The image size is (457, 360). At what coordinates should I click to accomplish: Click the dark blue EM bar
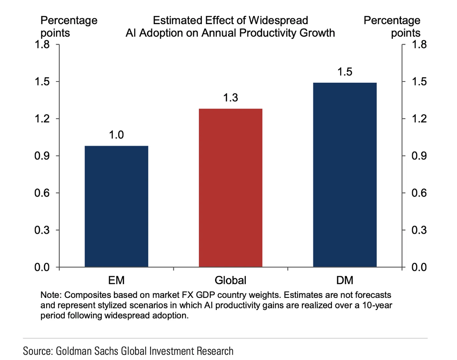point(116,207)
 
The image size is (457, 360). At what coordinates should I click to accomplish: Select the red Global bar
point(231,188)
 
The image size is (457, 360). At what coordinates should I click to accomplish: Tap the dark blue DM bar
point(344,175)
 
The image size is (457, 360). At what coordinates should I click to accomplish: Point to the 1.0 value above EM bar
point(116,135)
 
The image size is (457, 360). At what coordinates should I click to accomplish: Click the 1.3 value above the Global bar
point(231,98)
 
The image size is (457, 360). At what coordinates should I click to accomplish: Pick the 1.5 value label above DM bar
point(344,72)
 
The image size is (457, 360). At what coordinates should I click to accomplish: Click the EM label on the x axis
point(116,281)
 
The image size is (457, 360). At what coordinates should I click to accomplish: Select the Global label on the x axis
point(231,281)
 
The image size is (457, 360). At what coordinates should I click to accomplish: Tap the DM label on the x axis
point(344,281)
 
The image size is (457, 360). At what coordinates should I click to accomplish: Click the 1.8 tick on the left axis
point(43,44)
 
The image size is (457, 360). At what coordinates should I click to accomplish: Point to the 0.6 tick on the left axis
point(43,193)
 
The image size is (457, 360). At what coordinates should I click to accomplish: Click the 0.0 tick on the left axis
point(43,268)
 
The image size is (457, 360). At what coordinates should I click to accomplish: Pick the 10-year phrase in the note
point(370,306)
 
